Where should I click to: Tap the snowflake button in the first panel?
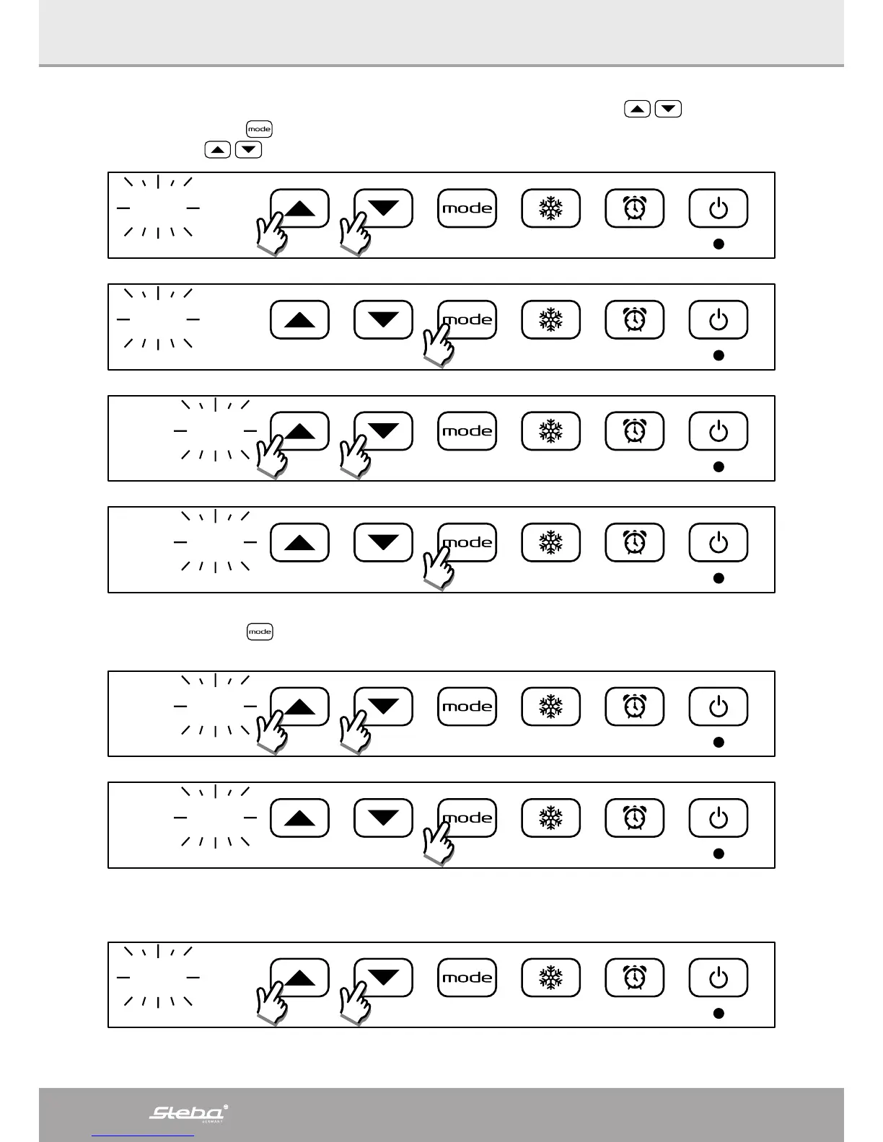550,208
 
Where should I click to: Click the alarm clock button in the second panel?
634,319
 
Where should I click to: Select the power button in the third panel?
719,431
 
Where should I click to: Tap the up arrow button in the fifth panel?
300,707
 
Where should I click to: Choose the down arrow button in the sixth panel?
383,818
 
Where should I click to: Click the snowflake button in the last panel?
550,978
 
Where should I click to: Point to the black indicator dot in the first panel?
719,244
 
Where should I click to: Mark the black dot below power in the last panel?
719,1013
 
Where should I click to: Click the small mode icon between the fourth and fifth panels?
260,632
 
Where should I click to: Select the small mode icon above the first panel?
259,129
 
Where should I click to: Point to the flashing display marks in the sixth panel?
216,818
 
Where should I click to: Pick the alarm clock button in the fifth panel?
634,707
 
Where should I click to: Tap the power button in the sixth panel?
719,818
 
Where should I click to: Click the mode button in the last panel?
467,978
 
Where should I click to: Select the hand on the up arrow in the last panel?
271,1003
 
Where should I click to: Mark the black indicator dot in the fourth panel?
719,578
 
